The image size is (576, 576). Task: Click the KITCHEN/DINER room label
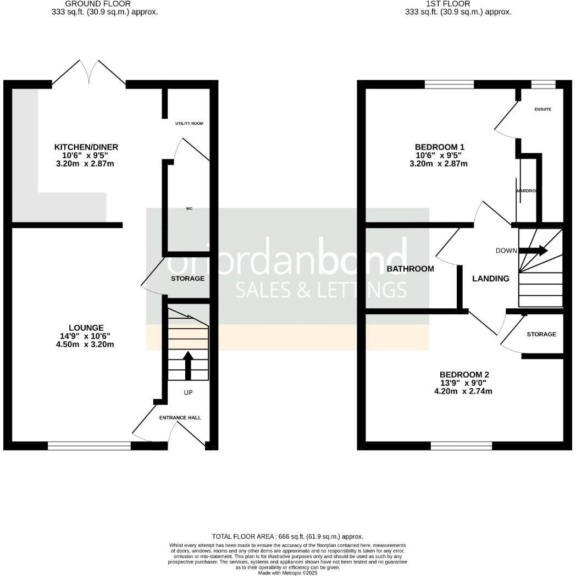point(86,147)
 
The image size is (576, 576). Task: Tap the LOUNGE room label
point(82,328)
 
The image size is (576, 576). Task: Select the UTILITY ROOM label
point(189,124)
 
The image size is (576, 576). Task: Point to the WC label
point(189,209)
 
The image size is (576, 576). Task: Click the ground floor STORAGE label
point(187,279)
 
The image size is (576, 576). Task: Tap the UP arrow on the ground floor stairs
point(187,365)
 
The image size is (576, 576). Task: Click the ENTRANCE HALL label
point(180,418)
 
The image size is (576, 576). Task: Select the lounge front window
point(89,446)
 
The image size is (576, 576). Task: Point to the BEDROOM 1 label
point(440,147)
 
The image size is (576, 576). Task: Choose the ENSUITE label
point(542,109)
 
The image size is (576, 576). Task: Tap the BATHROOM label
point(410,269)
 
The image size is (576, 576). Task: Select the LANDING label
point(491,279)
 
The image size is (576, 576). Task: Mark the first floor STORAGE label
point(541,334)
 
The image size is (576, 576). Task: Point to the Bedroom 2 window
point(462,446)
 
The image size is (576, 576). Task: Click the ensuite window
point(543,84)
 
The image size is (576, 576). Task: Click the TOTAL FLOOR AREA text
point(287,536)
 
